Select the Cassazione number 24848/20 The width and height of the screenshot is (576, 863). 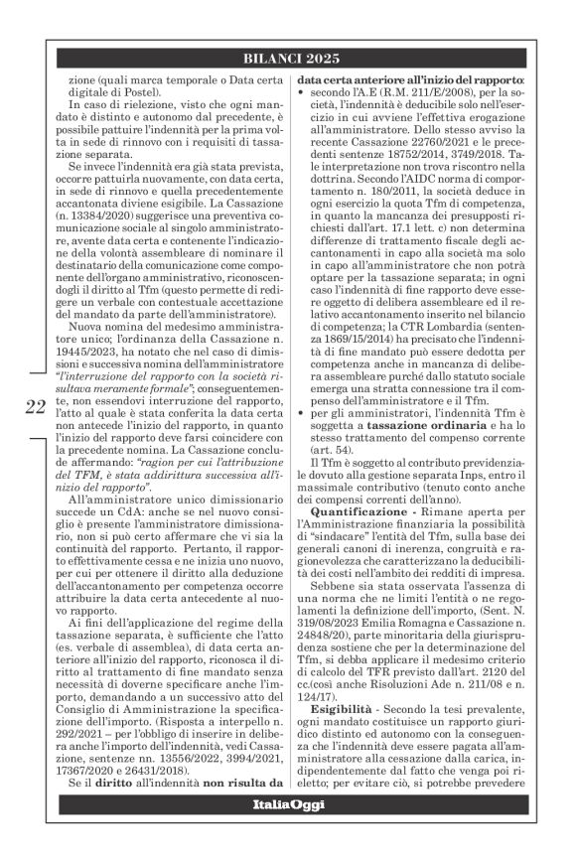(x=336, y=685)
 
